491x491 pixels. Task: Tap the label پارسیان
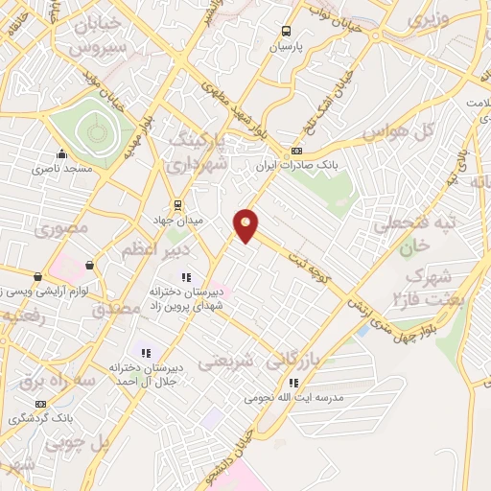pos(285,45)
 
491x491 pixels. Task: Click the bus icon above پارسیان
pos(285,31)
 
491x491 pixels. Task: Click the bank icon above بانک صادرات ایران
pos(297,151)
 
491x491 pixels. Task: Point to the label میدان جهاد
pos(177,221)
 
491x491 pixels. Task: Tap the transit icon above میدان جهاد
pos(177,205)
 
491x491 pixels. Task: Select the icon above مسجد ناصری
pos(62,153)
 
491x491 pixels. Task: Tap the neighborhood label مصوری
pos(61,228)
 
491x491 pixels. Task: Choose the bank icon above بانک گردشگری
pos(40,405)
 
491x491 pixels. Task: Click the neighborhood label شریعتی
pos(226,363)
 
